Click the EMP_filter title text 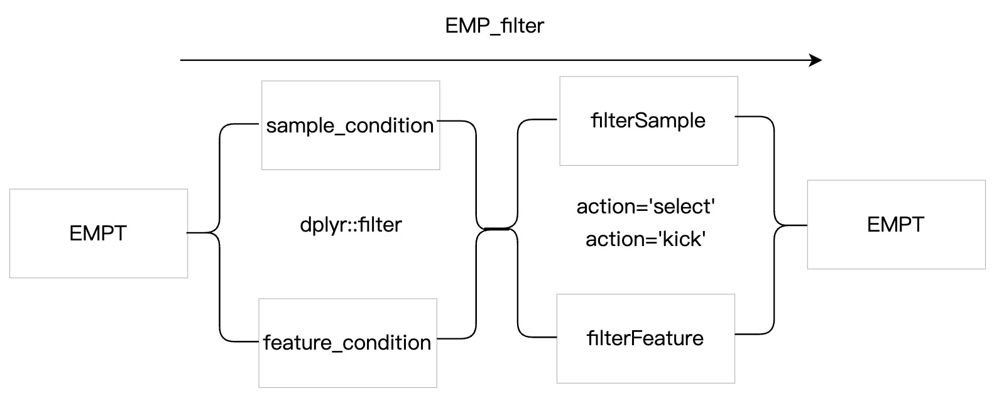point(494,26)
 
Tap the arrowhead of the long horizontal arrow point(816,60)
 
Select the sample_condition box point(351,125)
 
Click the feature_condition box point(348,343)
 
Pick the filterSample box point(649,121)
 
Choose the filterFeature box point(646,338)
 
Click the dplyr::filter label point(351,225)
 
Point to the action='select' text point(646,207)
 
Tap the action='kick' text point(646,239)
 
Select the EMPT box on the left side point(99,234)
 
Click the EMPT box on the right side point(897,225)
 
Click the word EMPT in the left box point(98,233)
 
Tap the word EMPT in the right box point(895,225)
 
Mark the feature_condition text point(347,343)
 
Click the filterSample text point(648,121)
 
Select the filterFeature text point(645,338)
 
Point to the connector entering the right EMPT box point(790,225)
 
